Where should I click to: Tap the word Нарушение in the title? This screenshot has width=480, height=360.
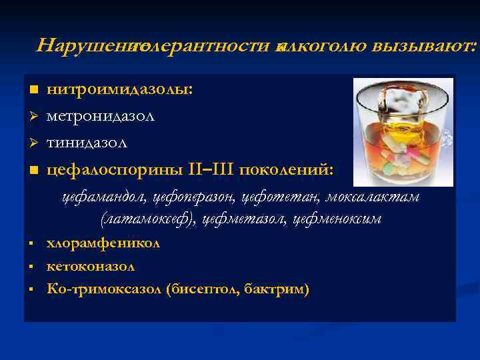84,45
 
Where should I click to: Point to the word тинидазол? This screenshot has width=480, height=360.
87,142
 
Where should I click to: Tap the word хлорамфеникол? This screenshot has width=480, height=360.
103,244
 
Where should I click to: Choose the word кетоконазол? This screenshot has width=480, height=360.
91,266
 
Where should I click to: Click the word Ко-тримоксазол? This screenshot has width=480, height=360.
105,289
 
